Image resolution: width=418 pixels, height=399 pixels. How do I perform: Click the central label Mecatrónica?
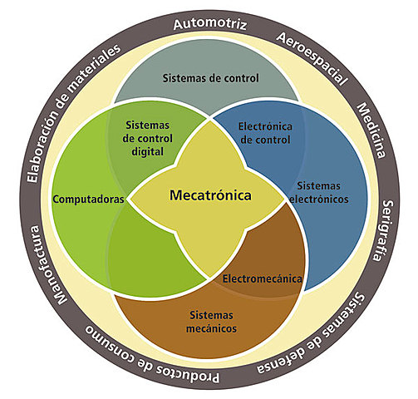click(x=209, y=197)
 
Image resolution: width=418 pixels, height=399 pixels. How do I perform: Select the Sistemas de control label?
click(x=209, y=78)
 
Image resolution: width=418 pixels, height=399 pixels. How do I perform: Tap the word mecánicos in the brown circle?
click(x=208, y=328)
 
